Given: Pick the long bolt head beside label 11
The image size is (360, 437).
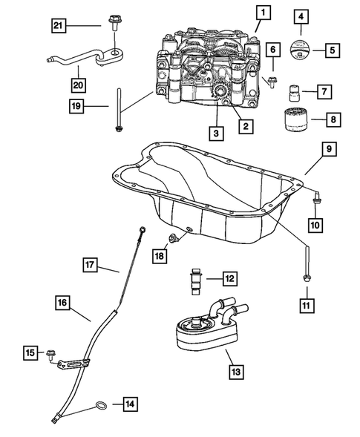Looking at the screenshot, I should (306, 277).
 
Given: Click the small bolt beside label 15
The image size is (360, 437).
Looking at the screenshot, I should (52, 353).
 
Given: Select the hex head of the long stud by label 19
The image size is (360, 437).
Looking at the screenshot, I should (119, 132).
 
